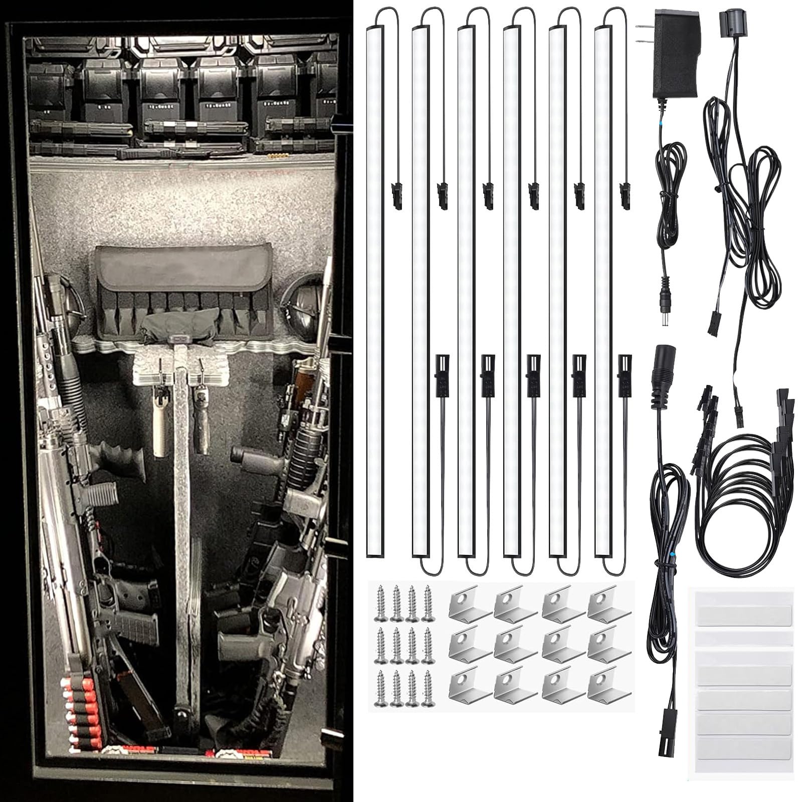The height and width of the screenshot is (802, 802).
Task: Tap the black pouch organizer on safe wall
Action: pyautogui.click(x=183, y=291)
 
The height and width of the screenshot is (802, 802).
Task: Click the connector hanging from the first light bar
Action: pyautogui.click(x=397, y=193)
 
